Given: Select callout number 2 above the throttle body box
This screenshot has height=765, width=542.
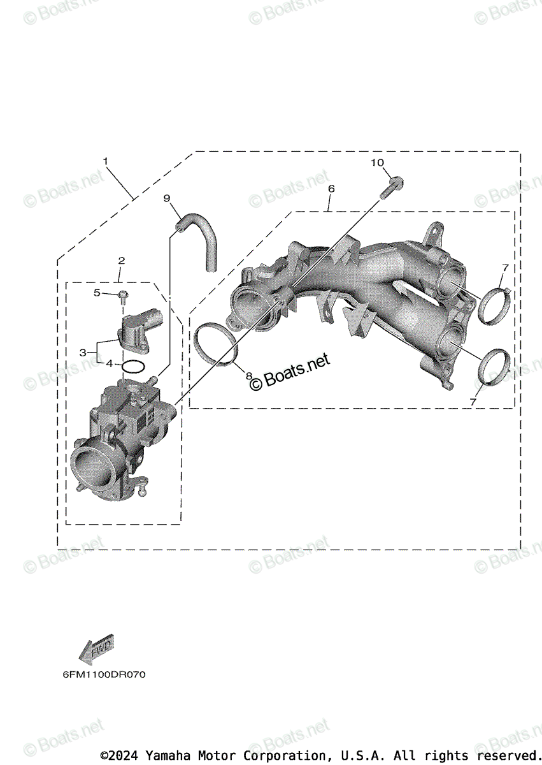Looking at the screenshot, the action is (121, 260).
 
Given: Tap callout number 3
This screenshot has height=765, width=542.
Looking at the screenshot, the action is (83, 352).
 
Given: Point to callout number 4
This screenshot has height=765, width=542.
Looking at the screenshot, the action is (110, 363).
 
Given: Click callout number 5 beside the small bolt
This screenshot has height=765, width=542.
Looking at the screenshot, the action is (97, 293).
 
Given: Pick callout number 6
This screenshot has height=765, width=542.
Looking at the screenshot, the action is (331, 189).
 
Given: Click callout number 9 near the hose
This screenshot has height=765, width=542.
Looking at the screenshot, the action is (167, 198).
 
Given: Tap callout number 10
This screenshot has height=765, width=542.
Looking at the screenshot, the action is (378, 163).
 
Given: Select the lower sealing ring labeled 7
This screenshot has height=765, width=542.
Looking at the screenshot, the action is (494, 368).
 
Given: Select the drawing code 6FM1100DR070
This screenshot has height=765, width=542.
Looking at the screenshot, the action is (103, 674).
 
